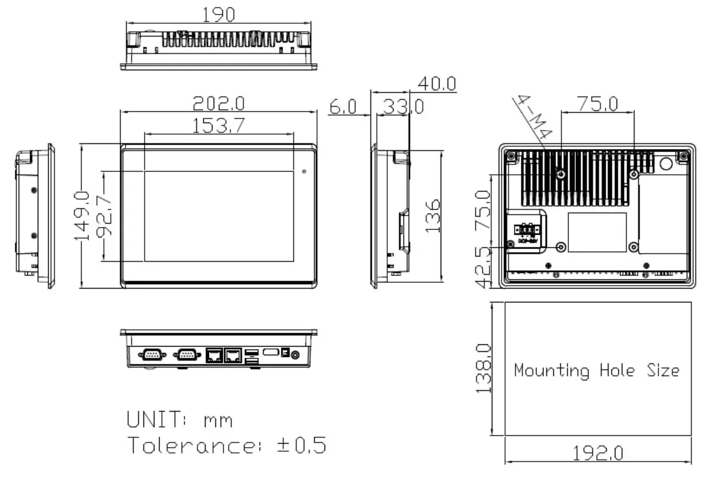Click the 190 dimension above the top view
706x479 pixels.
click(218, 15)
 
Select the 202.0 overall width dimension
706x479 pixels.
click(218, 103)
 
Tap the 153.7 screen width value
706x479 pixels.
click(218, 125)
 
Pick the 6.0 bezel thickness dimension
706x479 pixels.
click(342, 107)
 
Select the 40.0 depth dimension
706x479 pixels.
click(434, 84)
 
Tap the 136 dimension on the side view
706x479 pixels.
click(433, 216)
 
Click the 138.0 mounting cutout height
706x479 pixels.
click(483, 368)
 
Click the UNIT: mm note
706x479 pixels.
click(179, 419)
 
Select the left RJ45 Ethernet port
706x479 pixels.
click(214, 354)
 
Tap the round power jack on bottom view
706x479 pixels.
click(297, 354)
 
